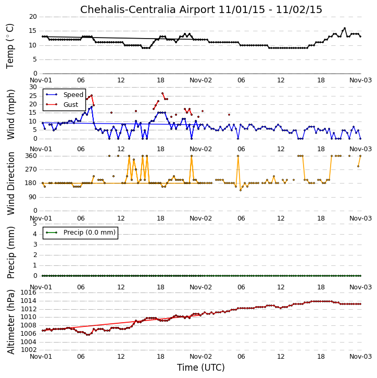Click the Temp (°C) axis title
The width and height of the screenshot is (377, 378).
(x=10, y=46)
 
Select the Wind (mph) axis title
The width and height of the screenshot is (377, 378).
(x=10, y=114)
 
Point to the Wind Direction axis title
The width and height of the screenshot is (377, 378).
(x=10, y=184)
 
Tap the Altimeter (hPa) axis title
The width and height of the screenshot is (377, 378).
(x=10, y=322)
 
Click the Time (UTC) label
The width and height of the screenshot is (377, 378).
(x=201, y=368)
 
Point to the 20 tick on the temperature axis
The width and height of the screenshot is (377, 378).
(x=33, y=17)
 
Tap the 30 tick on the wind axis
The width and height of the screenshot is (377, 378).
(x=33, y=87)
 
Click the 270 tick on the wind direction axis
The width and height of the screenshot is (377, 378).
(x=31, y=169)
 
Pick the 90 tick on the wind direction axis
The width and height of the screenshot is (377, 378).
(x=33, y=197)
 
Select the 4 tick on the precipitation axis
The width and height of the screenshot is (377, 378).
(x=35, y=234)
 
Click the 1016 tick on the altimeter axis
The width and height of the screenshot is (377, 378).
(x=29, y=292)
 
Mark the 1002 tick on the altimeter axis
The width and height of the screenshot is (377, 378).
(x=29, y=350)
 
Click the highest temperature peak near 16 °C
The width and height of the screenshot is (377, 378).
(x=345, y=28)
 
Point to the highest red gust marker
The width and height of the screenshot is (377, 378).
(x=162, y=93)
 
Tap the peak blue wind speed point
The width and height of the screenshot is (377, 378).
(x=92, y=107)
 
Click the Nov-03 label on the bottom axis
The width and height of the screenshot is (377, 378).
(x=360, y=357)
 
